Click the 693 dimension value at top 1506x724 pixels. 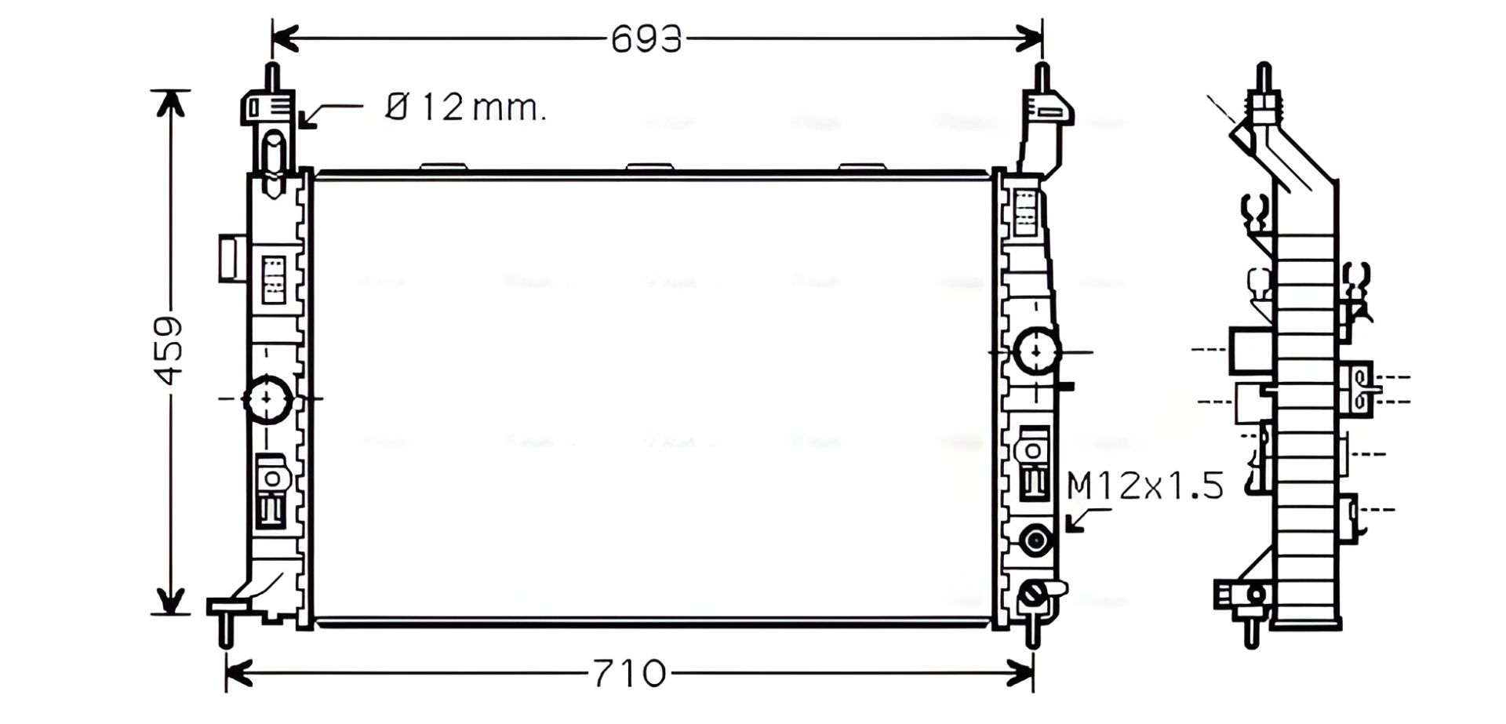[x=646, y=38]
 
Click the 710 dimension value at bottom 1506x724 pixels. [x=628, y=673]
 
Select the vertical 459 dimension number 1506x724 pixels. [x=169, y=350]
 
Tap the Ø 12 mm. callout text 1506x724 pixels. [x=466, y=107]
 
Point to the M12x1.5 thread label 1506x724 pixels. [x=1145, y=486]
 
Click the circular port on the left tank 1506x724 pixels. [x=267, y=399]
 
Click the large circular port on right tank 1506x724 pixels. [x=1037, y=351]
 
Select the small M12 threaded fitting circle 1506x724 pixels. [x=1035, y=540]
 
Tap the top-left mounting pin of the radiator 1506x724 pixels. [x=271, y=77]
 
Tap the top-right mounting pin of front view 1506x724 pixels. [x=1042, y=77]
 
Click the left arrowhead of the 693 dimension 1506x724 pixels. [x=284, y=38]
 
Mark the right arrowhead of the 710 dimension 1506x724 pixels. [x=1021, y=672]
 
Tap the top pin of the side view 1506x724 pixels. [x=1263, y=77]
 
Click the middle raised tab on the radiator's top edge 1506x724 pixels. [x=649, y=167]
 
